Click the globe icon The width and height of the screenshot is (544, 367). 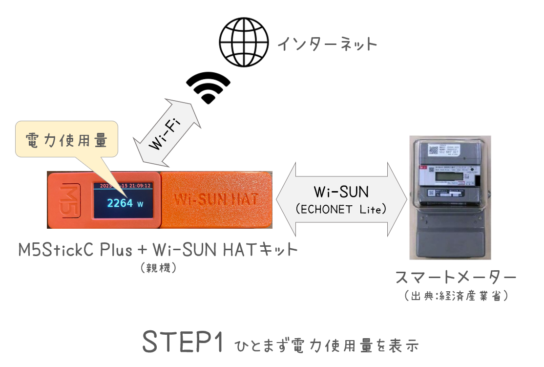pos(244,43)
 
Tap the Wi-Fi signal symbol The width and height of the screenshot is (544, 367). pos(209,88)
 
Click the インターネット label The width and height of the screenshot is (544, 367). pos(327,44)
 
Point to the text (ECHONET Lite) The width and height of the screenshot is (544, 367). pos(341,209)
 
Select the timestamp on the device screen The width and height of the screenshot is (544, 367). pos(125,186)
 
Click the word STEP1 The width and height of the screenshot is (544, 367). pos(183,342)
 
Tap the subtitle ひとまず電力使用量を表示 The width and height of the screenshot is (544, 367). pos(327,345)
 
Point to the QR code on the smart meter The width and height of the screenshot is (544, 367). pos(434,149)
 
